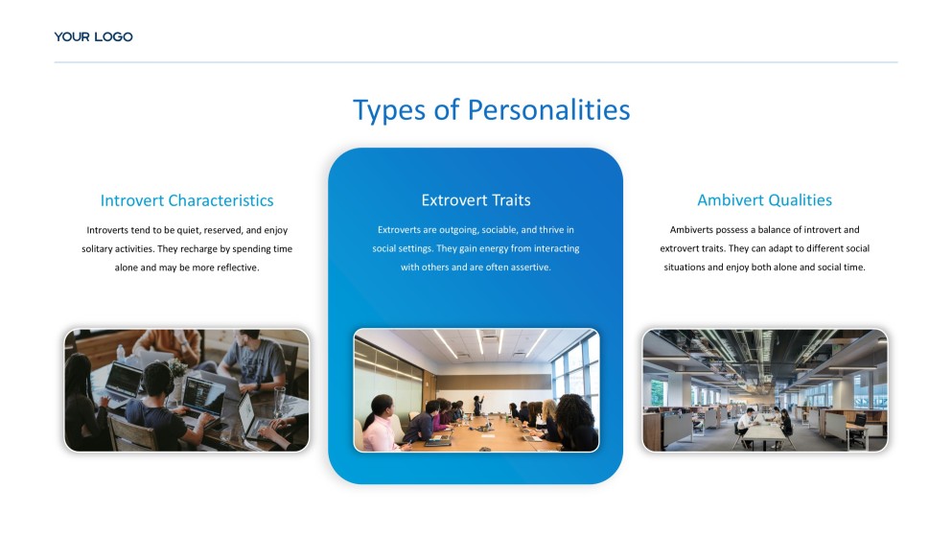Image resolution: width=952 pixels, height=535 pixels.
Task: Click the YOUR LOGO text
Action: tap(94, 37)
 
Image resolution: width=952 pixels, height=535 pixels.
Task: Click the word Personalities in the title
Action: tap(548, 110)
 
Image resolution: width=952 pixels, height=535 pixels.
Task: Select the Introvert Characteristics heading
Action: tap(187, 200)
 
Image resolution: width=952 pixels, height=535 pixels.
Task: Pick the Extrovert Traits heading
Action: tap(476, 200)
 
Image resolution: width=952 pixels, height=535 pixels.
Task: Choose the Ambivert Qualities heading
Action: tap(764, 200)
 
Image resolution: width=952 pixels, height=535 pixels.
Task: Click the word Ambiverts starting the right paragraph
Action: tap(689, 229)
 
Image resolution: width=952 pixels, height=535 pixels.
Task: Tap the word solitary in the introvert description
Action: tap(97, 249)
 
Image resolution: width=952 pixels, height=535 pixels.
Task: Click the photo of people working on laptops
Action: tap(187, 390)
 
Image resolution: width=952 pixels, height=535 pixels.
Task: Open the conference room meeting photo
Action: tap(476, 390)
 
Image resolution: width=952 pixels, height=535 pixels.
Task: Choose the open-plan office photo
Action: tap(765, 390)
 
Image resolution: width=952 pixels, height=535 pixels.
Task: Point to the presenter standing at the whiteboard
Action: tap(478, 405)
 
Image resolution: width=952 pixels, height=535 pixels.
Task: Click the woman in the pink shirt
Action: tap(380, 425)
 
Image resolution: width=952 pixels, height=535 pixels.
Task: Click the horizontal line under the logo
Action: tap(476, 62)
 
